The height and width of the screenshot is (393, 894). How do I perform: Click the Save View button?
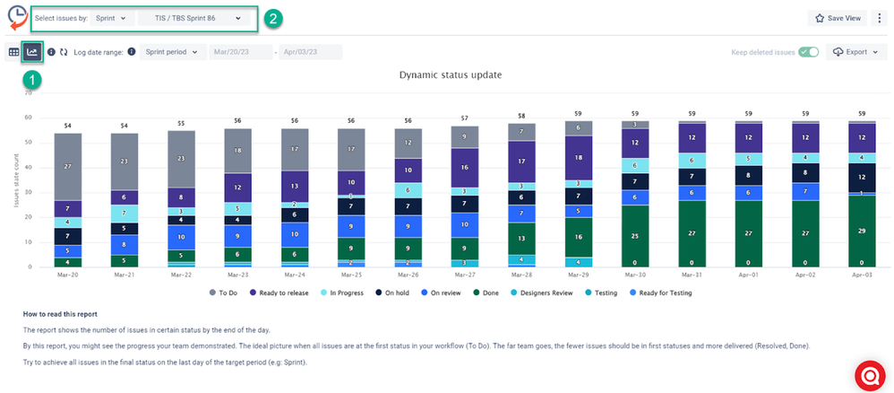coord(837,18)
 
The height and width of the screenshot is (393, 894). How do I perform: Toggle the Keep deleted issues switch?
coord(809,52)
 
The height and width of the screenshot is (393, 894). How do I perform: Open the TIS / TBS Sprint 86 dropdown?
coord(196,18)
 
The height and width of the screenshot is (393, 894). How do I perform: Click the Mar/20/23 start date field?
coord(240,52)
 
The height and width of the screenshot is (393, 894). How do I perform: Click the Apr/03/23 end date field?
coord(310,52)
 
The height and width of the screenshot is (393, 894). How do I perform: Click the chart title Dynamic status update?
coord(450,74)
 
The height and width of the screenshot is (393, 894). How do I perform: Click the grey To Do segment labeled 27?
coord(68,167)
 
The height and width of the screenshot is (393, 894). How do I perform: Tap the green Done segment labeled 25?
coord(635,236)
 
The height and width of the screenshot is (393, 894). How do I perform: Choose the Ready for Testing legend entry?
coord(662,293)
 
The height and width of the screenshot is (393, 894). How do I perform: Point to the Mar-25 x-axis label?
coord(350,275)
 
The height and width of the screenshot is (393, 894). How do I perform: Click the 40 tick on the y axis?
coord(28,167)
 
